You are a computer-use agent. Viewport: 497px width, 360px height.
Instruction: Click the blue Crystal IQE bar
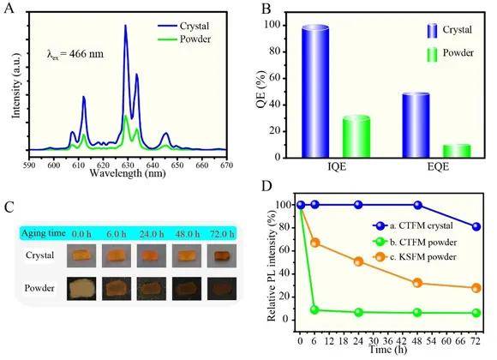point(315,91)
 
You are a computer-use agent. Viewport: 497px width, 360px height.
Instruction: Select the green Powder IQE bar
point(356,136)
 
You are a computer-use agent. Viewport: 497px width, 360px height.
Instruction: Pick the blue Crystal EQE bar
point(416,125)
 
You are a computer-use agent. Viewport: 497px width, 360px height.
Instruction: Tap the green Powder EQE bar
point(457,151)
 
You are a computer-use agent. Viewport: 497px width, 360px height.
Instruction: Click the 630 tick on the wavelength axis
point(128,165)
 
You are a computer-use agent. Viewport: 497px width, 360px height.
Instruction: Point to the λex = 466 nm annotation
point(75,54)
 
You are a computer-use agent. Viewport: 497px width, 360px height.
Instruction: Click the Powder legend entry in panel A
point(184,39)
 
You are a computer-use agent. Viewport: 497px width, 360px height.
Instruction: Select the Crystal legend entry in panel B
point(450,31)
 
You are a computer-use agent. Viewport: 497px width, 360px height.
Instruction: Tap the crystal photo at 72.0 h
point(222,255)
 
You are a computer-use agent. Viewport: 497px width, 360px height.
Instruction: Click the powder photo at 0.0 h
point(81,288)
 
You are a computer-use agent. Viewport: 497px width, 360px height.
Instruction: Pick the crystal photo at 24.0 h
point(152,255)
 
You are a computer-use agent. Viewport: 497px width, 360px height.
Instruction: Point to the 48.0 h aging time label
point(188,234)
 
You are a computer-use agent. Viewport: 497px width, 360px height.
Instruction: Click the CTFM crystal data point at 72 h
point(476,227)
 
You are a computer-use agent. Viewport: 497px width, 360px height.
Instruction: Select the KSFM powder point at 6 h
point(314,243)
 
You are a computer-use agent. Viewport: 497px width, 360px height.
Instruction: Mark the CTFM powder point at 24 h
point(358,312)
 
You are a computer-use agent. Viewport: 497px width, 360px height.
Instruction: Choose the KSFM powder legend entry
point(416,256)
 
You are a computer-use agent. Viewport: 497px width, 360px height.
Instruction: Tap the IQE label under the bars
point(337,167)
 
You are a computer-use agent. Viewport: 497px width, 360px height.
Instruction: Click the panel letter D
point(266,186)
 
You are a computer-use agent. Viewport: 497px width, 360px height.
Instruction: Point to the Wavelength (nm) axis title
point(128,173)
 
